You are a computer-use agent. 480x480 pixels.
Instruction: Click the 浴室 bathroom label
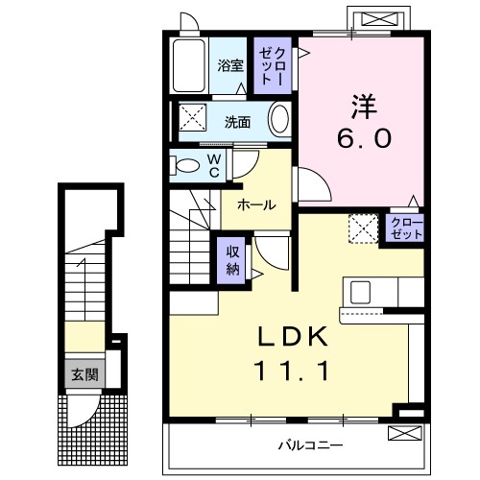tap(229, 66)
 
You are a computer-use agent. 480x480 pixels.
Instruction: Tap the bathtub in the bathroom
tap(190, 65)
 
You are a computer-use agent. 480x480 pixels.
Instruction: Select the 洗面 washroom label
tap(238, 122)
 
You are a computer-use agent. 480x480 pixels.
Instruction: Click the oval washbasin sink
tap(279, 121)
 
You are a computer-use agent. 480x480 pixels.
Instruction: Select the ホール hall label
tap(256, 205)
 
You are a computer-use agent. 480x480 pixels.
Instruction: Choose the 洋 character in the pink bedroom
tap(362, 103)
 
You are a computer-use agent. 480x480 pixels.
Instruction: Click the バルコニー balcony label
tap(310, 445)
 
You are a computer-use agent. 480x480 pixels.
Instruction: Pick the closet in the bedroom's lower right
tap(405, 228)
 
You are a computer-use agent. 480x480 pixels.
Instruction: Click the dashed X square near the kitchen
tap(362, 228)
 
